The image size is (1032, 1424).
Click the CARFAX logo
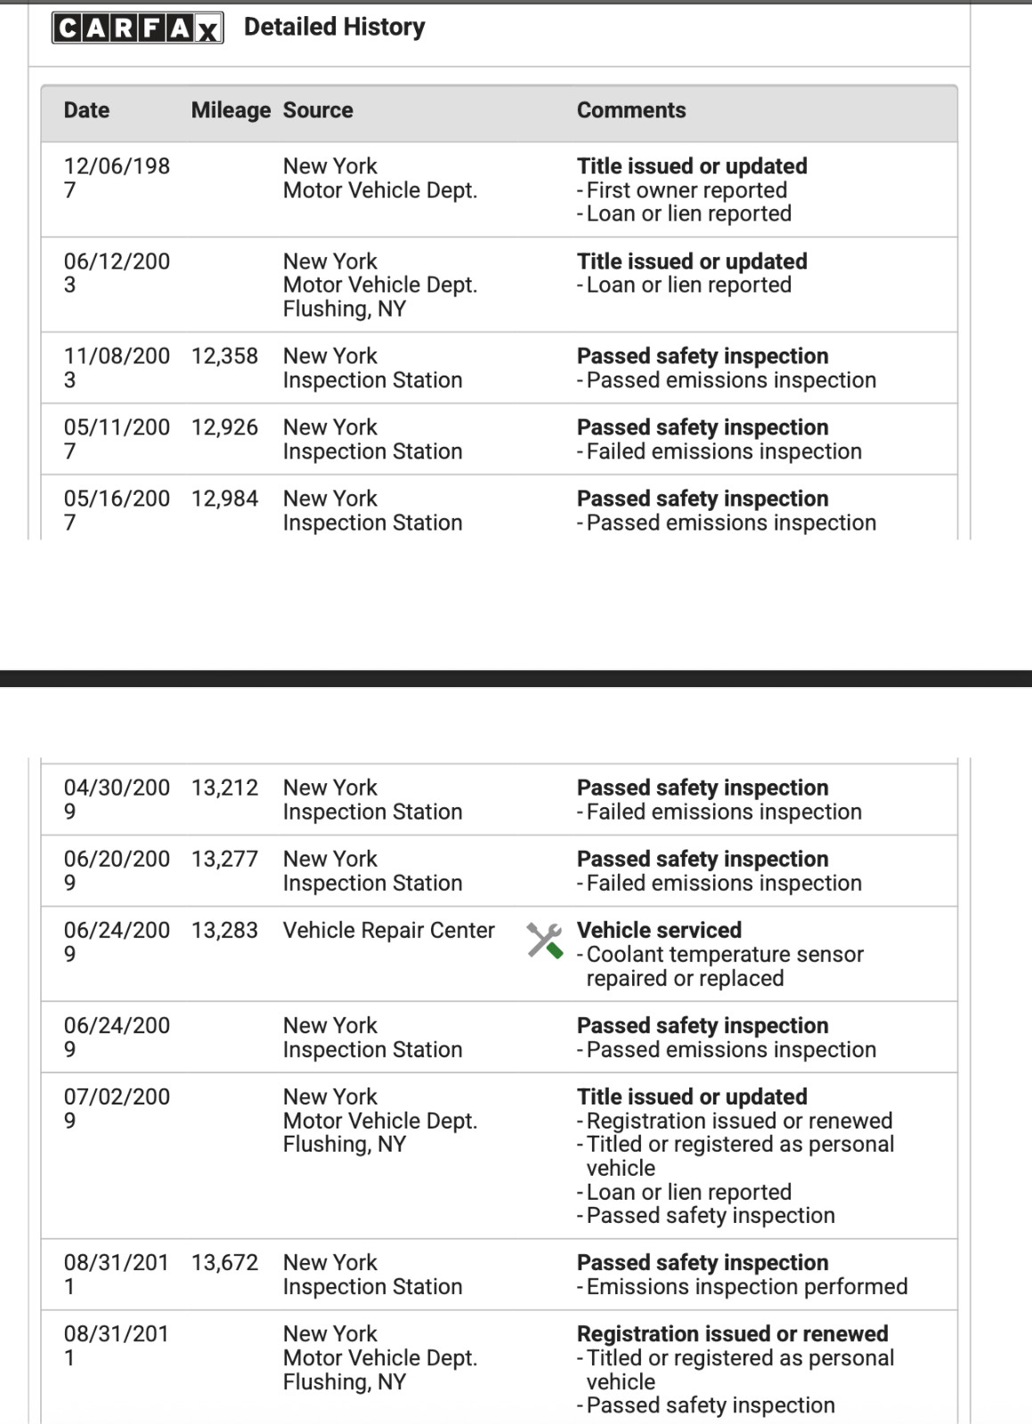pyautogui.click(x=137, y=28)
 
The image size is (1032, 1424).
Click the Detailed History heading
pyautogui.click(x=334, y=27)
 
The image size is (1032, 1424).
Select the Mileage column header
pyautogui.click(x=231, y=110)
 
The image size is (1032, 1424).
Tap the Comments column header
pyautogui.click(x=631, y=110)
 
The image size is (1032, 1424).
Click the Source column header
pyautogui.click(x=318, y=110)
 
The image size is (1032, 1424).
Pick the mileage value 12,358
pyautogui.click(x=224, y=356)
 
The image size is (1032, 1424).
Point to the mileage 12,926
pyautogui.click(x=224, y=427)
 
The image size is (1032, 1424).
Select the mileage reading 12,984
pyautogui.click(x=224, y=498)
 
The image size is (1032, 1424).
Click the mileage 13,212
pyautogui.click(x=224, y=788)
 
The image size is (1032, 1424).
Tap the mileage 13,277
pyautogui.click(x=224, y=859)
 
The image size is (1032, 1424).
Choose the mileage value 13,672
pyautogui.click(x=224, y=1262)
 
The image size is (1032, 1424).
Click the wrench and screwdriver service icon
pyautogui.click(x=544, y=940)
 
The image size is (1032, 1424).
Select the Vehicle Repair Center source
pyautogui.click(x=388, y=930)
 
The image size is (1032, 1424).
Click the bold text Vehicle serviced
pyautogui.click(x=659, y=930)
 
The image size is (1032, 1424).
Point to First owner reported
pyautogui.click(x=687, y=190)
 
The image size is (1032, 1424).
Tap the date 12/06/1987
pyautogui.click(x=116, y=177)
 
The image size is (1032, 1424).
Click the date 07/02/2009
pyautogui.click(x=116, y=1108)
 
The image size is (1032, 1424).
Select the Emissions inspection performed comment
pyautogui.click(x=746, y=1287)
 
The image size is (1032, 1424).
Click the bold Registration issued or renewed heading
pyautogui.click(x=732, y=1333)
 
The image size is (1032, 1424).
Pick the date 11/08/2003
pyautogui.click(x=116, y=368)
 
